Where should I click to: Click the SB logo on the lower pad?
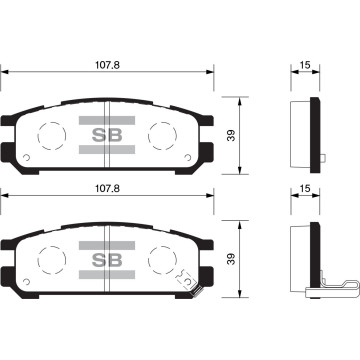[x=107, y=257]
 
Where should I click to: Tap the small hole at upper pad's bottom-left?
[x=29, y=159]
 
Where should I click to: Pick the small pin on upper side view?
[x=328, y=157]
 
